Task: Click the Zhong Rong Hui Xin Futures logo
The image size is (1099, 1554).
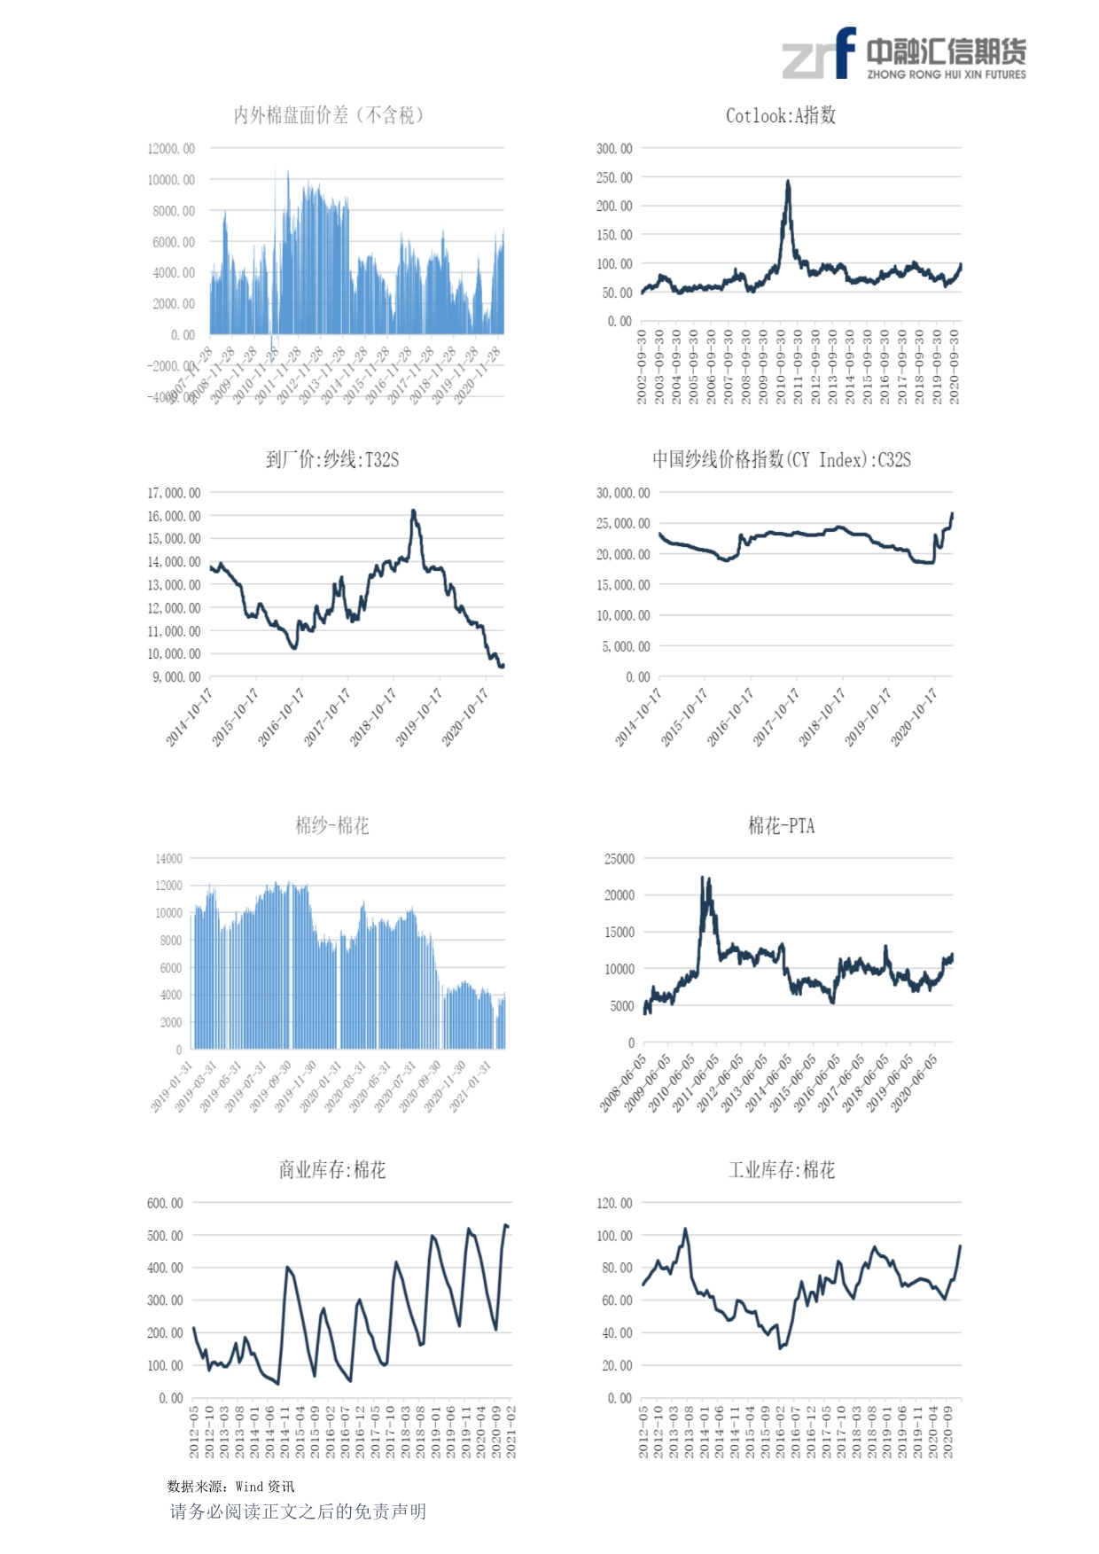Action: pyautogui.click(x=903, y=55)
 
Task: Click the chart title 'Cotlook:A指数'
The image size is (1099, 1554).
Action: pyautogui.click(x=780, y=115)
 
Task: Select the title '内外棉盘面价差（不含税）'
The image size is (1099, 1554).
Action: pyautogui.click(x=329, y=115)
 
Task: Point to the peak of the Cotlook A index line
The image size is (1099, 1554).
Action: pyautogui.click(x=787, y=182)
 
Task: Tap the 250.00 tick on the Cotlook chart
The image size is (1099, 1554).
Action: pyautogui.click(x=614, y=177)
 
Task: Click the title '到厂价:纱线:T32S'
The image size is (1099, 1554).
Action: pyautogui.click(x=332, y=459)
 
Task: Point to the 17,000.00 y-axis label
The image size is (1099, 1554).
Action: pyautogui.click(x=174, y=493)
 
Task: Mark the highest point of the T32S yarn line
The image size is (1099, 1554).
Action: pyautogui.click(x=413, y=511)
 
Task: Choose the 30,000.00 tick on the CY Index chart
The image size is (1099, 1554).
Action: pyautogui.click(x=623, y=493)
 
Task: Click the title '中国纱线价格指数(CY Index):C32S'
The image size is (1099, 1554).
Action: pyautogui.click(x=781, y=459)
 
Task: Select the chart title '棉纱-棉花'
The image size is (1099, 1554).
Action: pyautogui.click(x=332, y=826)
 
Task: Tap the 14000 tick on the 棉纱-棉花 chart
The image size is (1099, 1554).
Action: pyautogui.click(x=168, y=858)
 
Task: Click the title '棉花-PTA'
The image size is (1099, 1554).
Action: pyautogui.click(x=781, y=826)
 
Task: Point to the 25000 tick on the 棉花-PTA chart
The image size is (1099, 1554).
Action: pyautogui.click(x=620, y=859)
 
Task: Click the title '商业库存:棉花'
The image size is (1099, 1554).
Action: pyautogui.click(x=332, y=1170)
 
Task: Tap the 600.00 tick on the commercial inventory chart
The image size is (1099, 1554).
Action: pyautogui.click(x=166, y=1203)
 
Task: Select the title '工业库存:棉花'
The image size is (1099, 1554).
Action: pyautogui.click(x=781, y=1170)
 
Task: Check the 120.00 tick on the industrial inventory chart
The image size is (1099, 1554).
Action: pyautogui.click(x=615, y=1203)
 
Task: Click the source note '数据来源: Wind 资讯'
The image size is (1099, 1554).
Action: pyautogui.click(x=230, y=1487)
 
